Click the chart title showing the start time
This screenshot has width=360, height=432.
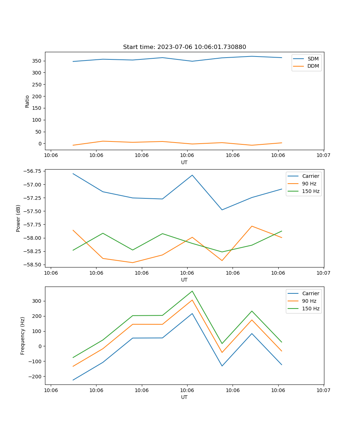(x=184, y=47)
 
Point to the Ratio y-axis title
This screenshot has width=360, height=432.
(x=27, y=101)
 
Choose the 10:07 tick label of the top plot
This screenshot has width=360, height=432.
(x=323, y=156)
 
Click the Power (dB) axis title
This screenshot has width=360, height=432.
(x=18, y=218)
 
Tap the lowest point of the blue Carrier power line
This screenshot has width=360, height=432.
(x=222, y=210)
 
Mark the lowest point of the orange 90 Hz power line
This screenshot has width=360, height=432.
(x=132, y=262)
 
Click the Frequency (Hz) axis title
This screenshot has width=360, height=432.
(x=23, y=336)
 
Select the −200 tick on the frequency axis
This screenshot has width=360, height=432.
(x=35, y=377)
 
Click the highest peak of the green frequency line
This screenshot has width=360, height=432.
(x=192, y=291)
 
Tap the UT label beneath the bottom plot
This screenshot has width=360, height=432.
(x=184, y=397)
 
